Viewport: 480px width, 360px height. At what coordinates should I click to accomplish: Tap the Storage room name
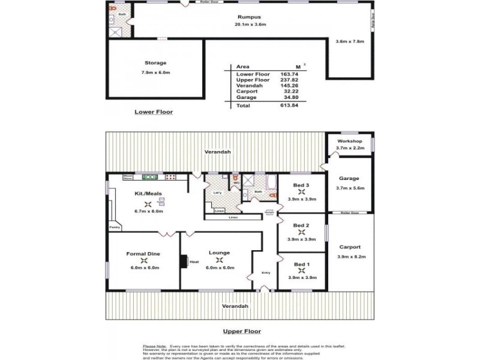[x=155, y=62]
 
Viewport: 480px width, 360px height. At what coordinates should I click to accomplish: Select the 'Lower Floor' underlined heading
[x=154, y=112]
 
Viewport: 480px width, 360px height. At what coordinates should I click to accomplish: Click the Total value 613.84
[x=289, y=105]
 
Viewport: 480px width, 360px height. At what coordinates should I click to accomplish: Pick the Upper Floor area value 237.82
[x=289, y=79]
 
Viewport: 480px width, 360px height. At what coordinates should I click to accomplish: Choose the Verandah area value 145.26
[x=289, y=86]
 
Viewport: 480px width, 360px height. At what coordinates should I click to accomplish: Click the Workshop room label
[x=350, y=141]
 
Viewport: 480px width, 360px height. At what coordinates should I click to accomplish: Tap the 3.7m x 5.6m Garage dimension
[x=349, y=188]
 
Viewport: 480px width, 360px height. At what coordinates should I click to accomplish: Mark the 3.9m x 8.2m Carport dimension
[x=349, y=256]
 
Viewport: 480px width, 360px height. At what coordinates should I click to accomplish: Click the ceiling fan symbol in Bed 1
[x=301, y=271]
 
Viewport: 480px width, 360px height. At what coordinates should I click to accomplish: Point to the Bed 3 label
[x=301, y=185]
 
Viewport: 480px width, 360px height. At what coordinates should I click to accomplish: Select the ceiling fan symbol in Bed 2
[x=301, y=232]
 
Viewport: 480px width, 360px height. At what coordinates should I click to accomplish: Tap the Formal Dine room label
[x=143, y=253]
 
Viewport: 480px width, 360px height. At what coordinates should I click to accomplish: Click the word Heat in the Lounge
[x=194, y=262]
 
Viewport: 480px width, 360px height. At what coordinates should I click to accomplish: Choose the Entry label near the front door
[x=266, y=273]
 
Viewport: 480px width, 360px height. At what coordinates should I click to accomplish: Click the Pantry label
[x=115, y=227]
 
